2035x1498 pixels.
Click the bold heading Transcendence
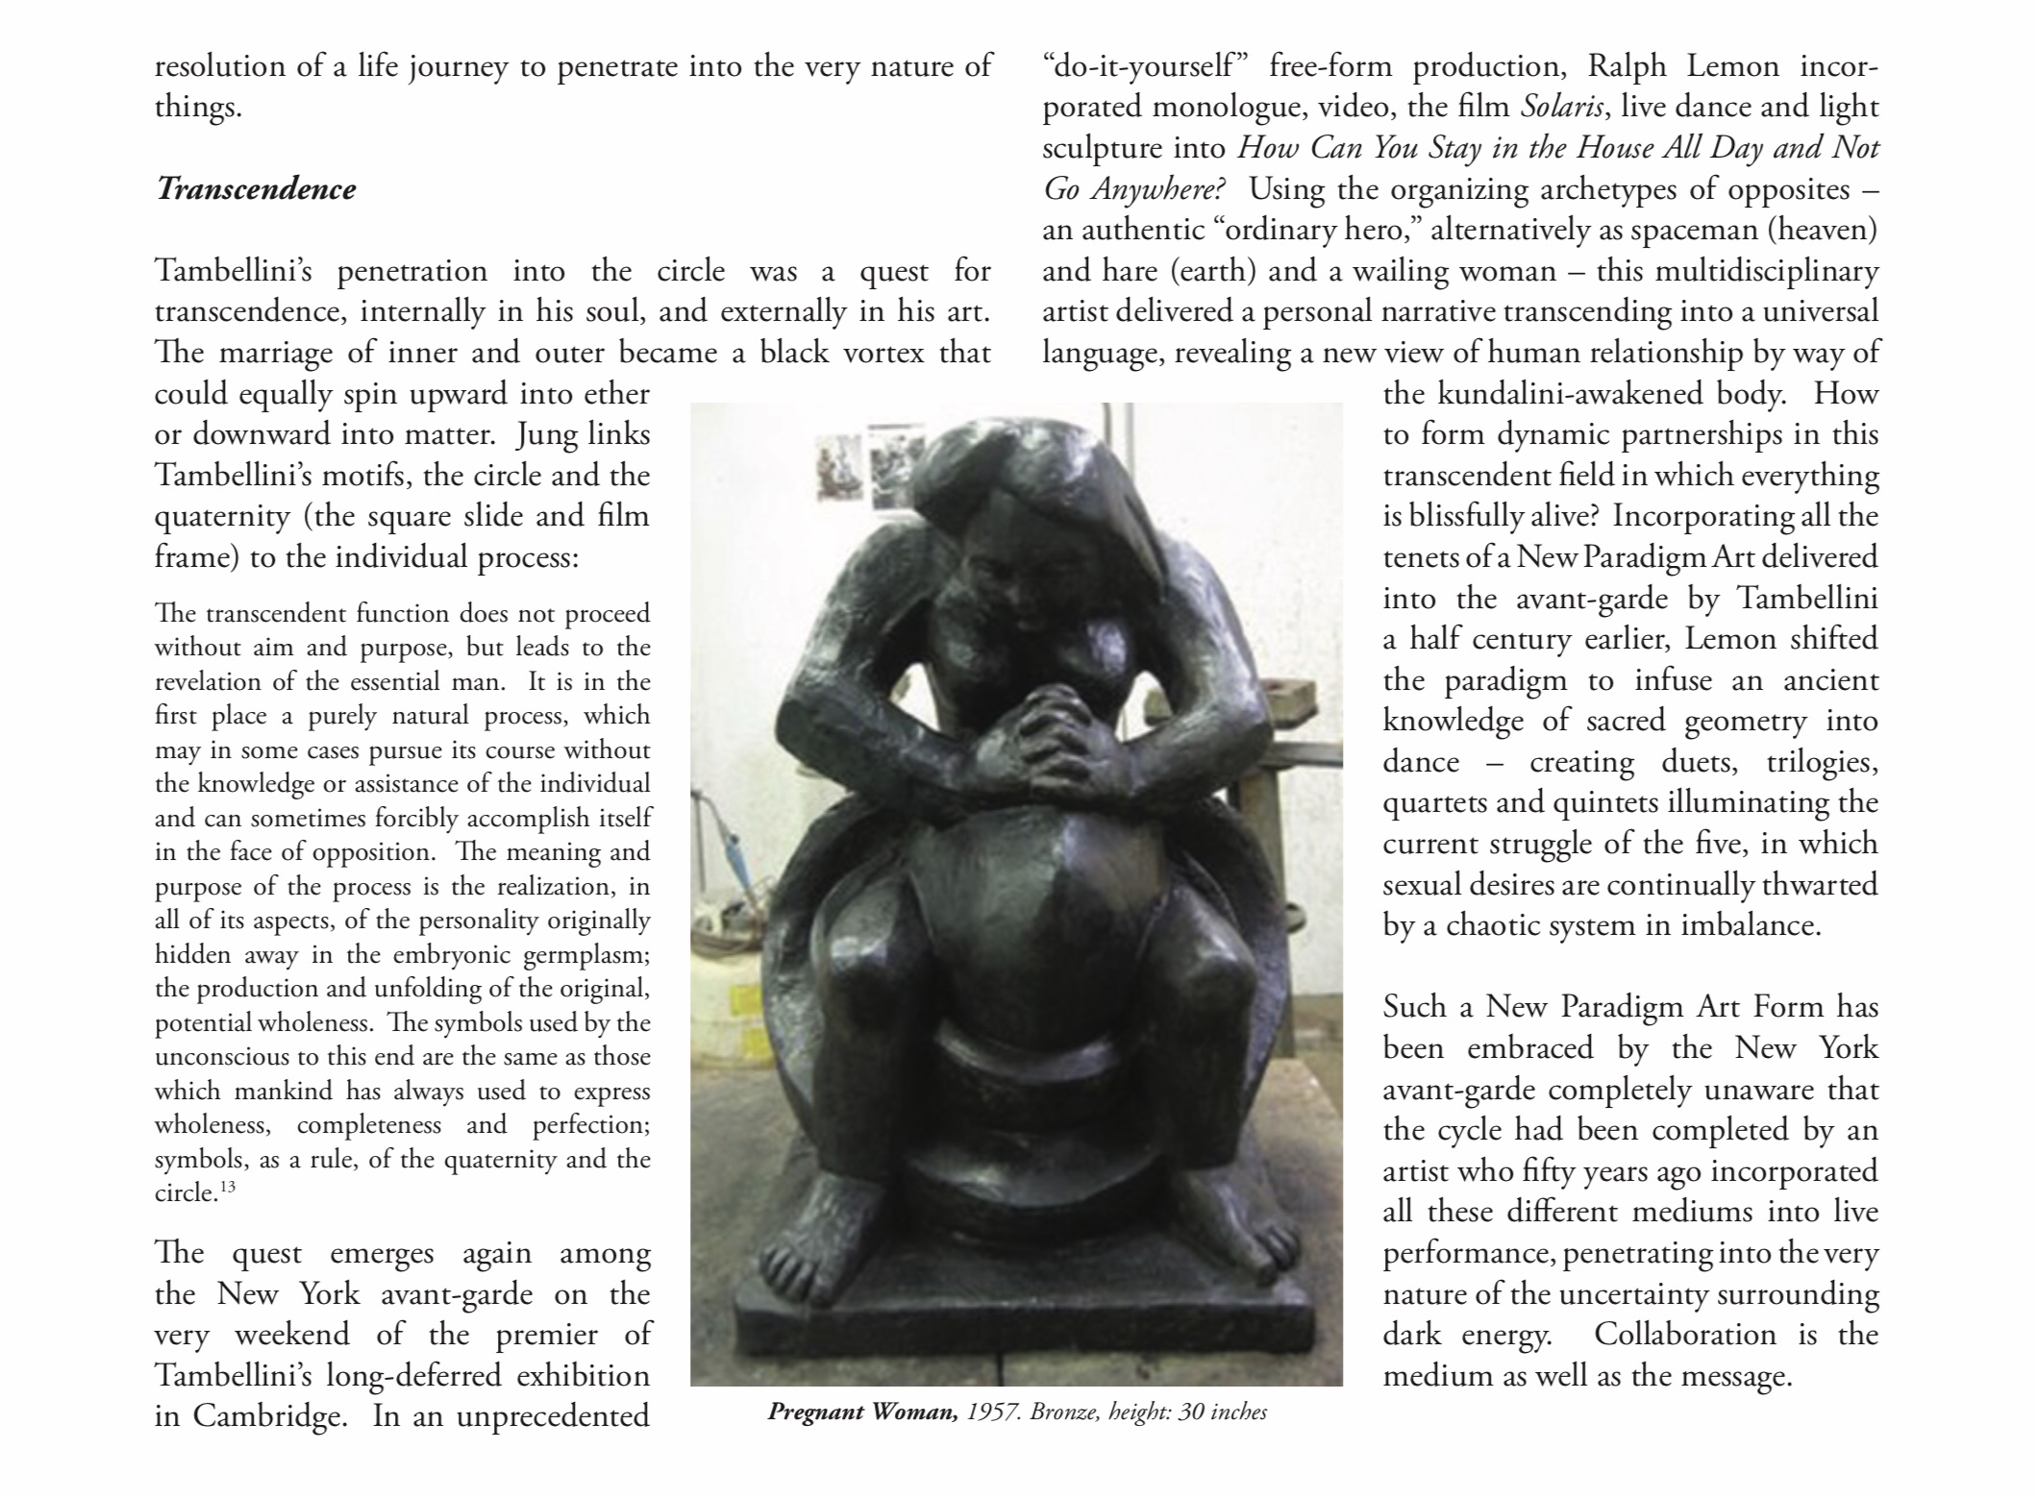click(x=256, y=188)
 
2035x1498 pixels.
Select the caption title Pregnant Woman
click(x=862, y=1412)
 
